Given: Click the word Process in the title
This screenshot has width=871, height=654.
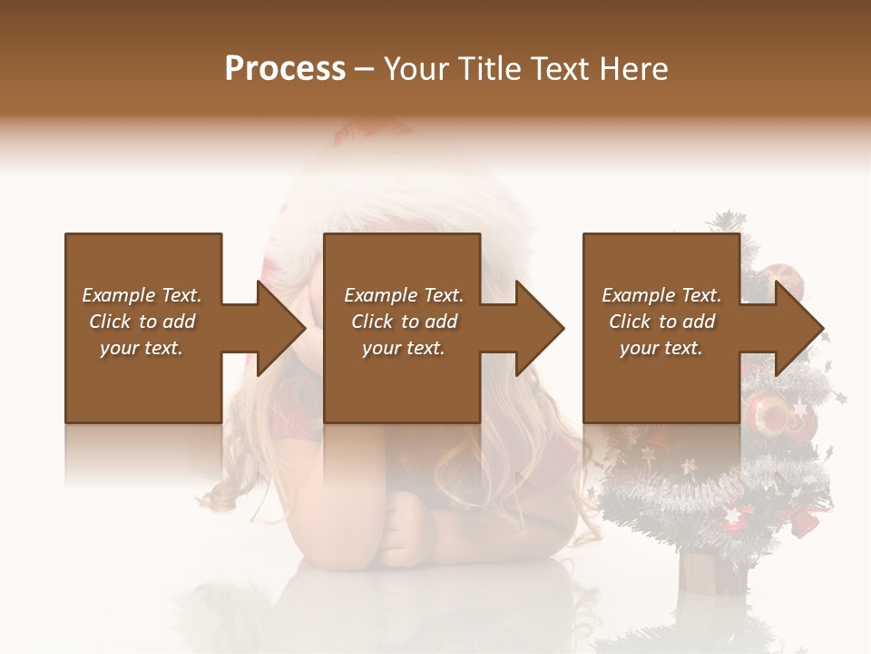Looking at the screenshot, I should click(x=285, y=69).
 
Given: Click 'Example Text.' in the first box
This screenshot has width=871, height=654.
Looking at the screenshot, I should click(x=142, y=295).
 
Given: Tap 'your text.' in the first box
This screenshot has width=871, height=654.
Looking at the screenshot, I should click(x=142, y=348).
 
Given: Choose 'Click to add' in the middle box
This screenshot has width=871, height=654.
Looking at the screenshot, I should click(x=404, y=322).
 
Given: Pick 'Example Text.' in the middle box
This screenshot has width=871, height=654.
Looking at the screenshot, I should click(x=404, y=295).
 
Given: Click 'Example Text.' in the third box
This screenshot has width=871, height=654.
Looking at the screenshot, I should click(x=661, y=295).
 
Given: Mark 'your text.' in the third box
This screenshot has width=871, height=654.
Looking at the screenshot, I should click(x=661, y=348).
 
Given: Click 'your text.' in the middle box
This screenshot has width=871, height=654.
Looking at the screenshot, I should click(x=404, y=348).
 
